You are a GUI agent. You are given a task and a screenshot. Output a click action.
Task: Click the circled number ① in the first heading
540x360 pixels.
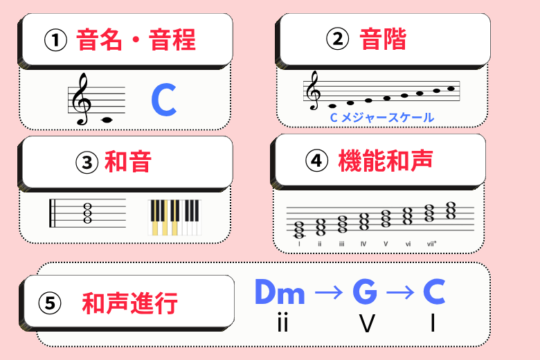55,39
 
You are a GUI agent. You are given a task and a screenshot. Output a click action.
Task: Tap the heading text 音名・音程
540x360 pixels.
136,39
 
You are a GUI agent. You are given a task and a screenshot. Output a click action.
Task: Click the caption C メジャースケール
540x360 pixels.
381,118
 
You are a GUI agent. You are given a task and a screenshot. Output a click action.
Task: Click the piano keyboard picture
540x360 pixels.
174,217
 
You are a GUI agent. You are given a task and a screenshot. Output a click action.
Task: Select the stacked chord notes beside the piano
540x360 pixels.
88,213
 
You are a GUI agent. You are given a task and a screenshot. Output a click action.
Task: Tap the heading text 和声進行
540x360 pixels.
129,303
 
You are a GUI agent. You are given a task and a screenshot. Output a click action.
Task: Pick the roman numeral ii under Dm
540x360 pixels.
281,323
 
